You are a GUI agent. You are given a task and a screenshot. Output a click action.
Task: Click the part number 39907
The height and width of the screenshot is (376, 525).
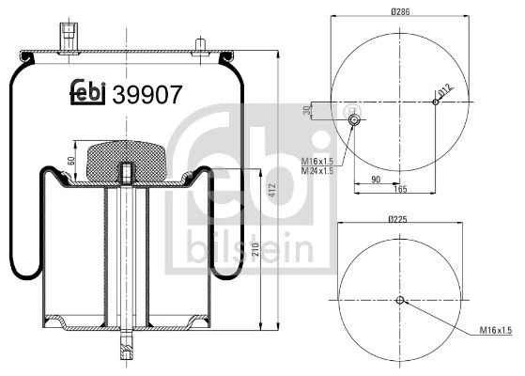coord(147,95)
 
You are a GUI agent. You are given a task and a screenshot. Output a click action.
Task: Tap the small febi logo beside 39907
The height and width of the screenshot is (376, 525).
coord(87,92)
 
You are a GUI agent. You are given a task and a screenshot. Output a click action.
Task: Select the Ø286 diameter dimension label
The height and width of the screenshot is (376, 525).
coord(400,11)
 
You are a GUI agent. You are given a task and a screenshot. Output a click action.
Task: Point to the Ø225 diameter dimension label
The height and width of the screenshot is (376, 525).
coord(397,220)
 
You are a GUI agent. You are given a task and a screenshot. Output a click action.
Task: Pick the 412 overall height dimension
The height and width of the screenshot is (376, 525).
coord(272,190)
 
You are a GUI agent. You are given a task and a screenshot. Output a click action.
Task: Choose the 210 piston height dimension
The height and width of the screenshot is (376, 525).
coord(255,249)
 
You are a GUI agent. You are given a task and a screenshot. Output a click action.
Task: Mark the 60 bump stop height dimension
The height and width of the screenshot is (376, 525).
coord(71,161)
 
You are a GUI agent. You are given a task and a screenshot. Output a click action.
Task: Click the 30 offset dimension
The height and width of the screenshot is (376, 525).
coord(307,110)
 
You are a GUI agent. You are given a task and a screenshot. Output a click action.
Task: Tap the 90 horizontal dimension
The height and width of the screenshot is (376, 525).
coord(376,180)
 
